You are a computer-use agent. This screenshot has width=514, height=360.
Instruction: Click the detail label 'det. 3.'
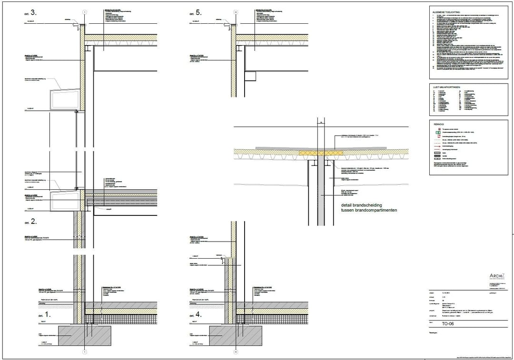click(x=30, y=13)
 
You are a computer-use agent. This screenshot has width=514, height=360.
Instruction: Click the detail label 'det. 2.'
click(x=30, y=222)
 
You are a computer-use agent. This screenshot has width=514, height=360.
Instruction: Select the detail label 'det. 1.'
click(x=30, y=314)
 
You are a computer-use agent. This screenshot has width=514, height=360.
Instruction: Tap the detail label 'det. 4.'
click(x=195, y=314)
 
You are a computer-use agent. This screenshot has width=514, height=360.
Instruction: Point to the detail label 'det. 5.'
click(x=195, y=13)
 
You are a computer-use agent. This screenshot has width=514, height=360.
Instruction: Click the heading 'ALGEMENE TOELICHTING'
click(x=448, y=11)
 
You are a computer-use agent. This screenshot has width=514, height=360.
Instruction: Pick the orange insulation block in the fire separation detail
click(x=322, y=153)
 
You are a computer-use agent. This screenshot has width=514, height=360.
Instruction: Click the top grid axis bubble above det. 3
click(x=84, y=11)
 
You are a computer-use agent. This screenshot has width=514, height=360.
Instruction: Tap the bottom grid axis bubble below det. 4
click(x=235, y=352)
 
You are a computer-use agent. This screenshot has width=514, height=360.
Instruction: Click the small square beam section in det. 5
click(x=251, y=76)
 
